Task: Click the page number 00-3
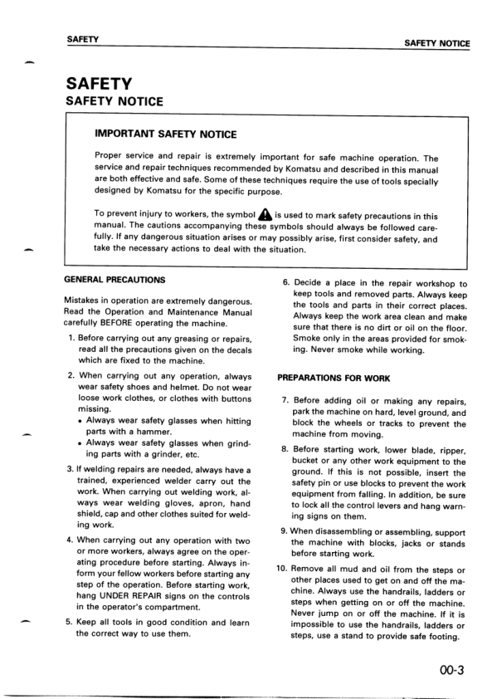454,655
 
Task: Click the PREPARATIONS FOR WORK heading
333,378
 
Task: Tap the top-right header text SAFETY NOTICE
436,43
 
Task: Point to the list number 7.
285,400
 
